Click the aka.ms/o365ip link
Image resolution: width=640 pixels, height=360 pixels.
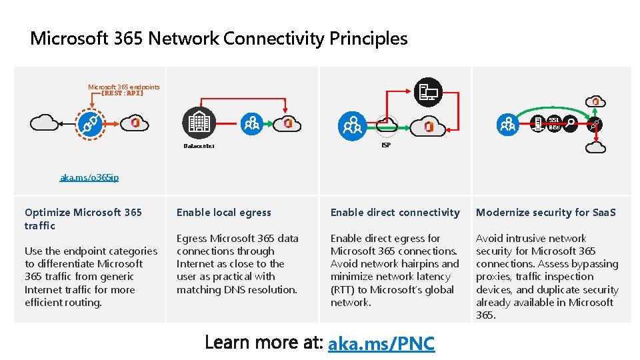point(89,177)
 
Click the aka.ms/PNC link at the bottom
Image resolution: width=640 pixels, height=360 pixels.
point(381,343)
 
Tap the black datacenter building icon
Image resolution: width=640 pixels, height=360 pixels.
point(199,123)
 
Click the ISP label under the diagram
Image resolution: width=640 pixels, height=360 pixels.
point(386,145)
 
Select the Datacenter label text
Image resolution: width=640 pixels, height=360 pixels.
point(199,146)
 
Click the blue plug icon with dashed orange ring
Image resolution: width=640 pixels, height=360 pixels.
point(89,123)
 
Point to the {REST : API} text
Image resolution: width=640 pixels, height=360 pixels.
point(122,93)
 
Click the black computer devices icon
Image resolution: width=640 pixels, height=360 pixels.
point(429,92)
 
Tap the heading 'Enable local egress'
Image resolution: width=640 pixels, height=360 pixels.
point(223,213)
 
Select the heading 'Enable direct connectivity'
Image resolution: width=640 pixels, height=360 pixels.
point(395,213)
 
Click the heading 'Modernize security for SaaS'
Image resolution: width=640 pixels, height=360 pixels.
point(545,213)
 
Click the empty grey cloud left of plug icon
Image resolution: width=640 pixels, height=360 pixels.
point(44,123)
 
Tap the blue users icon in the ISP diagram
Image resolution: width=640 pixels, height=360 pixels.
point(351,124)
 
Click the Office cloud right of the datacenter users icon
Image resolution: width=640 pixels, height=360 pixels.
point(289,123)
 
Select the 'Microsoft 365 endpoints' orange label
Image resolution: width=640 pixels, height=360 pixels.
point(123,87)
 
